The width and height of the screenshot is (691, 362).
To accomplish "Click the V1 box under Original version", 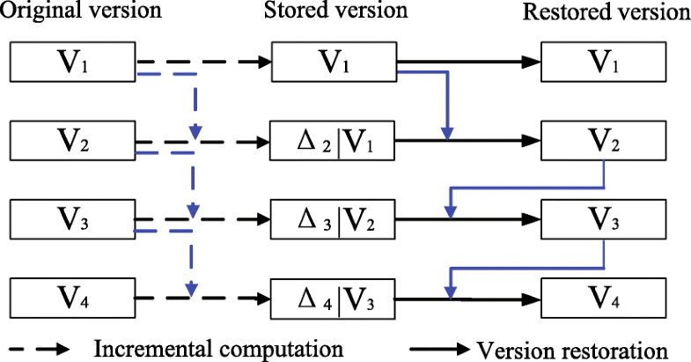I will [x=70, y=62].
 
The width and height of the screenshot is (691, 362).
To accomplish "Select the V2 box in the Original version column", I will [x=70, y=140].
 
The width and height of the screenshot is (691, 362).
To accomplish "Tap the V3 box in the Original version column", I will [x=70, y=218].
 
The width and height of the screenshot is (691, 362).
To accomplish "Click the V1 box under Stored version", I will [x=334, y=62].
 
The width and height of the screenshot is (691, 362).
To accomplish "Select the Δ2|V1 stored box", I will [x=334, y=140].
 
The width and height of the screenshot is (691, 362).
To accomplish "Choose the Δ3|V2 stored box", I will [x=334, y=218].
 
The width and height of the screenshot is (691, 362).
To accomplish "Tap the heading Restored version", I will [x=606, y=14].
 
